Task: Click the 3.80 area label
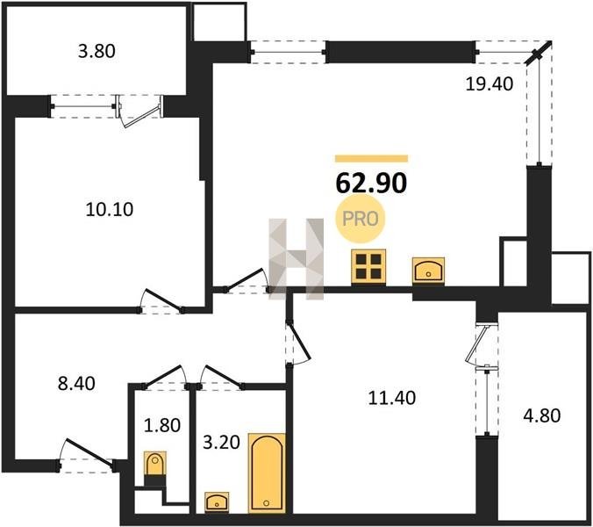pyautogui.click(x=96, y=51)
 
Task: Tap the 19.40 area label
pyautogui.click(x=489, y=83)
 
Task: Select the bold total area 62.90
pyautogui.click(x=371, y=183)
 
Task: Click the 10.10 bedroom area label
pyautogui.click(x=110, y=209)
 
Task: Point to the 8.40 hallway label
pyautogui.click(x=76, y=384)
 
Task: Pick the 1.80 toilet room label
pyautogui.click(x=162, y=425)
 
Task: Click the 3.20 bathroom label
pyautogui.click(x=221, y=442)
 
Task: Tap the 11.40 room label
pyautogui.click(x=392, y=398)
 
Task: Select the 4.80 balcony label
pyautogui.click(x=541, y=415)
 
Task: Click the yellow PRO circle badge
pyautogui.click(x=360, y=220)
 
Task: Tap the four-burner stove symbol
pyautogui.click(x=368, y=266)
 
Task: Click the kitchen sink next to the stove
pyautogui.click(x=428, y=271)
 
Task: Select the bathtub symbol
pyautogui.click(x=267, y=473)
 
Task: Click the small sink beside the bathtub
pyautogui.click(x=217, y=502)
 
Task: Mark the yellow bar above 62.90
pyautogui.click(x=371, y=158)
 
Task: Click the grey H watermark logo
pyautogui.click(x=296, y=259)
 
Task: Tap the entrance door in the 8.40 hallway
pyautogui.click(x=87, y=456)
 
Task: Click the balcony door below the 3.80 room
pyautogui.click(x=140, y=111)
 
